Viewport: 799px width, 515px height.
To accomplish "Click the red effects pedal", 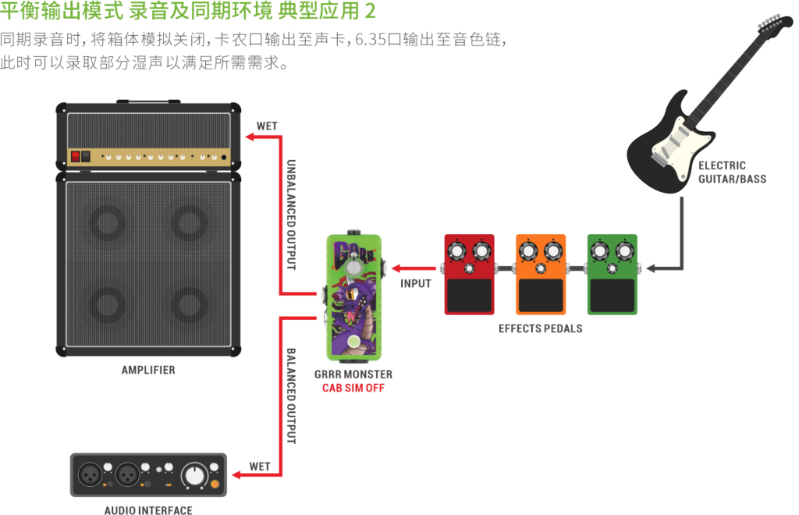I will pos(469,275).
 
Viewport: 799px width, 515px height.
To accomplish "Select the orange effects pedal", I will pos(540,275).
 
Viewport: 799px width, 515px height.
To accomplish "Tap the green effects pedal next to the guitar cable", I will pos(612,275).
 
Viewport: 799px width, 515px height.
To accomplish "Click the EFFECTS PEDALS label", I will pos(541,329).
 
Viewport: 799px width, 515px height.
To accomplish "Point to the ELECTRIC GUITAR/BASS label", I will pos(723,172).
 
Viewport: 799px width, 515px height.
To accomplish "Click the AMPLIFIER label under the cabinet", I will pos(148,370).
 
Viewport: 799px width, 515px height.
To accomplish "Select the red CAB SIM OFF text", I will pos(353,388).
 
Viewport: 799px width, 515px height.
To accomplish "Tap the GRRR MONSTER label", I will pos(353,375).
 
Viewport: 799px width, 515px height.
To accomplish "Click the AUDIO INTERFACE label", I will pos(148,510).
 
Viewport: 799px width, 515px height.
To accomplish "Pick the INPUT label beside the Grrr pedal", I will pos(416,285).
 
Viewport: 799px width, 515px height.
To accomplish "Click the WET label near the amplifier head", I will pos(267,126).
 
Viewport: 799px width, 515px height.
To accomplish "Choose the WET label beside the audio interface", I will pos(260,467).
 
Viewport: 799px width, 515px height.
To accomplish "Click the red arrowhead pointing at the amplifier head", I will pos(249,138).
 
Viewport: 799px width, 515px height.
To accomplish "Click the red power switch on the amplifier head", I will pos(76,156).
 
